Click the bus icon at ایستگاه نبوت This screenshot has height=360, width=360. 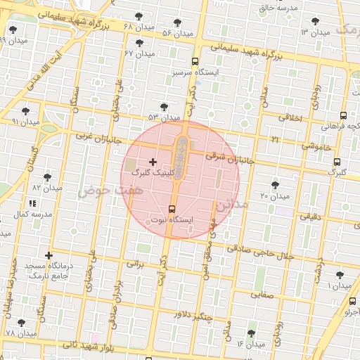tap(172, 209)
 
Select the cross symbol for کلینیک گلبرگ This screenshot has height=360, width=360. tap(153, 162)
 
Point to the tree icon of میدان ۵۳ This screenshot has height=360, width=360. tap(164, 107)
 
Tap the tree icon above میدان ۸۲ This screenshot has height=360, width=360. tap(47, 177)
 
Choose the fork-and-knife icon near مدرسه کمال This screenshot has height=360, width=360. tap(32, 203)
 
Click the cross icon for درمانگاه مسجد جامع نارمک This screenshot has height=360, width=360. tap(49, 255)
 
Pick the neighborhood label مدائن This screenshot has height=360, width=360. tap(231, 206)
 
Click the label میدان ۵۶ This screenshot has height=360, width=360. tap(177, 33)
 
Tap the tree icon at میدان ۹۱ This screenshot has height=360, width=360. tap(26, 111)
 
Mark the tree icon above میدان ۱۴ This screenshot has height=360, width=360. tap(251, 333)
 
